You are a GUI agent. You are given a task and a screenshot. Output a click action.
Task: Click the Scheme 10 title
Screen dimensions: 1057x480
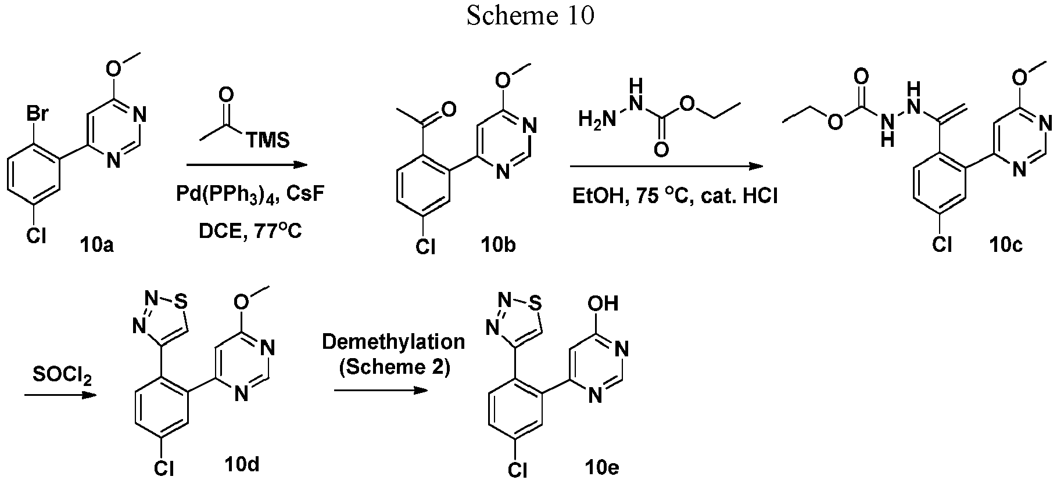(531, 16)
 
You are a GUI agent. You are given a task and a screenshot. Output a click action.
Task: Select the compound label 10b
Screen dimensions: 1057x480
(498, 246)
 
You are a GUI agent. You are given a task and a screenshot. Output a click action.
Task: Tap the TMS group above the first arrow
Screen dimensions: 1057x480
(267, 140)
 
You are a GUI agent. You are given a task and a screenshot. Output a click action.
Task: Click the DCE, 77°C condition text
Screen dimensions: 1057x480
(250, 232)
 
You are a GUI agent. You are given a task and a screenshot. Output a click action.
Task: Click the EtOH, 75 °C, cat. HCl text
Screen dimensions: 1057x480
(674, 196)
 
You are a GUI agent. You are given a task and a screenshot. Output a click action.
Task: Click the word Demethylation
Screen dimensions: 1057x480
(393, 342)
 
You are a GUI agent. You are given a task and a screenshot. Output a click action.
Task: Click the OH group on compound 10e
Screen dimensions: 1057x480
(603, 304)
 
